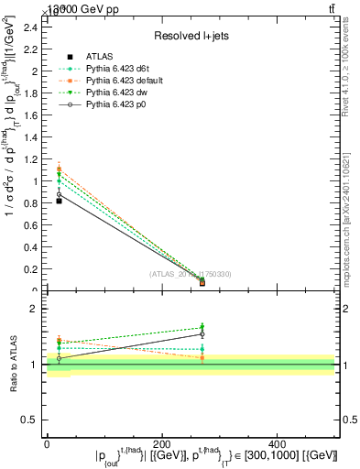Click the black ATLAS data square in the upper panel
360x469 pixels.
pyautogui.click(x=59, y=200)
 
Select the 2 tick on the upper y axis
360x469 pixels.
pyautogui.click(x=37, y=71)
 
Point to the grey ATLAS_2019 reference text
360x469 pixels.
pyautogui.click(x=191, y=274)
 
